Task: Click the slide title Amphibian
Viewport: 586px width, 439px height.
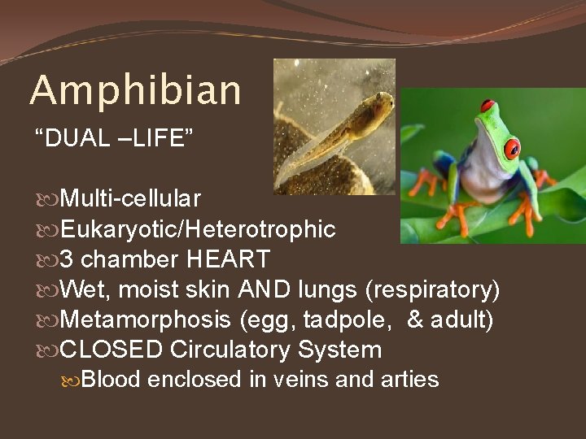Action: (135, 91)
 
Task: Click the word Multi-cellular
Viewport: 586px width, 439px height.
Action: (130, 198)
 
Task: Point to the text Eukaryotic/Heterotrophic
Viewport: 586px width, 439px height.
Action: (198, 230)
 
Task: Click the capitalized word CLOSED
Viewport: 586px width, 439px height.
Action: (112, 350)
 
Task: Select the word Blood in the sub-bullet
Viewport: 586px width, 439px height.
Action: (112, 380)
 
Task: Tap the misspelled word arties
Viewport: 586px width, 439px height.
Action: (412, 380)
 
